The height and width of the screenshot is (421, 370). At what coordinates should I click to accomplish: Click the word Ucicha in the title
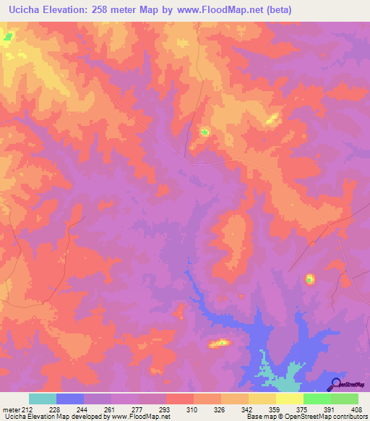[21, 9]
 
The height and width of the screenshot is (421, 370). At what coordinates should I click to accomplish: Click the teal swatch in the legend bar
[43, 399]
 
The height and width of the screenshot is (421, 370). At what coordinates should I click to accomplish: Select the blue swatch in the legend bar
[70, 399]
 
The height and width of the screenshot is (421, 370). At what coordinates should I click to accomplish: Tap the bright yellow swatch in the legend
[290, 399]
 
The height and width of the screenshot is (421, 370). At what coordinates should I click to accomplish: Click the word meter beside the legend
[10, 409]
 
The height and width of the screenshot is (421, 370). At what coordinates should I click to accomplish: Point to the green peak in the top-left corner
[8, 35]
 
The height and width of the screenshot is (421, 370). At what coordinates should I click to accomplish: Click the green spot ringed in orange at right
[310, 278]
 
